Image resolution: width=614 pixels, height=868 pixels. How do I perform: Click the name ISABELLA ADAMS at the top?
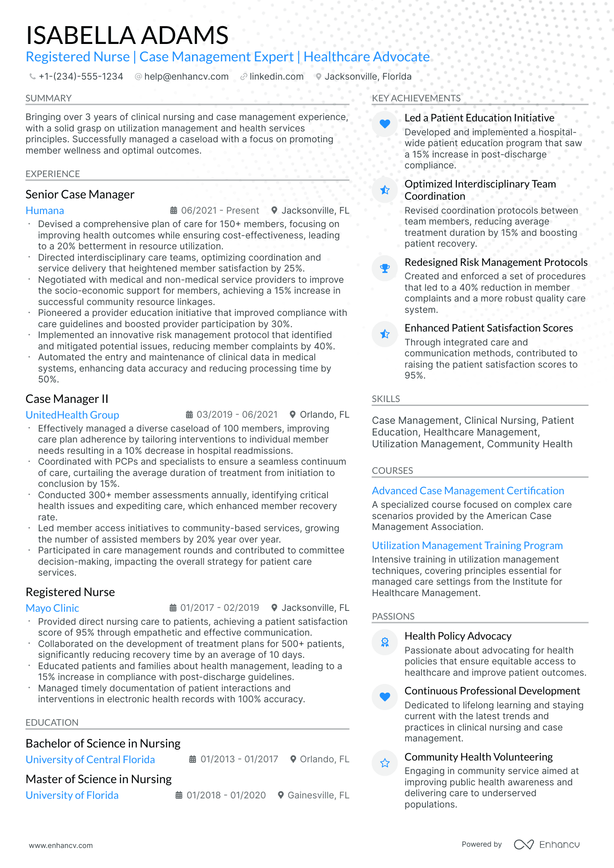(127, 35)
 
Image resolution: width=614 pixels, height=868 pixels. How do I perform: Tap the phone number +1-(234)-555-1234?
(81, 77)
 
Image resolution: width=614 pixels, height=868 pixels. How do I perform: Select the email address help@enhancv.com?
(186, 77)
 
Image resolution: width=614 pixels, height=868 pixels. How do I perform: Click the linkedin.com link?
(276, 77)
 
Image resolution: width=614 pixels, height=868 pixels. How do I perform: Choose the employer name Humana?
(45, 211)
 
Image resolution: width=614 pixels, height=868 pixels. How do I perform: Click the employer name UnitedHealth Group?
(72, 415)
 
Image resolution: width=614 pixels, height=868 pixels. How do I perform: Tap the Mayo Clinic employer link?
(52, 608)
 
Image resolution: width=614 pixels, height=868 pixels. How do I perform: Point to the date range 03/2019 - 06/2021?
(237, 415)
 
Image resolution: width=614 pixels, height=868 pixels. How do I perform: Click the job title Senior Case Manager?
(80, 194)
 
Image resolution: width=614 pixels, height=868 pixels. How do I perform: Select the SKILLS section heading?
(386, 399)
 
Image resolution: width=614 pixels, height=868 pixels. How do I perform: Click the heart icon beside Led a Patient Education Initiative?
(385, 124)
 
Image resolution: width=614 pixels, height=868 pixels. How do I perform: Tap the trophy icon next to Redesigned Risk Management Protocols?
(385, 268)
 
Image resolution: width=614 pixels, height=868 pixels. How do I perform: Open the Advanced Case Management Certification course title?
(468, 491)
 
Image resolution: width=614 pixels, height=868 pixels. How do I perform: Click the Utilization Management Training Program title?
(467, 546)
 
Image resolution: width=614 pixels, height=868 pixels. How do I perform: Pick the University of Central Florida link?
(90, 760)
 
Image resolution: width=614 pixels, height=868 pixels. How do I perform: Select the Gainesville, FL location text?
(318, 795)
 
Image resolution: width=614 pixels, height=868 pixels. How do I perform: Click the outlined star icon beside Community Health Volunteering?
(385, 763)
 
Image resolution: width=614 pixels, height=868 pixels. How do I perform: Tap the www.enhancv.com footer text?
(61, 845)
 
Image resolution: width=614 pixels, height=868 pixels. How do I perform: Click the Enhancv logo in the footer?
(547, 845)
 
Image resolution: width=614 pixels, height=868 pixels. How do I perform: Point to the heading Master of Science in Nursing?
(98, 779)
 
